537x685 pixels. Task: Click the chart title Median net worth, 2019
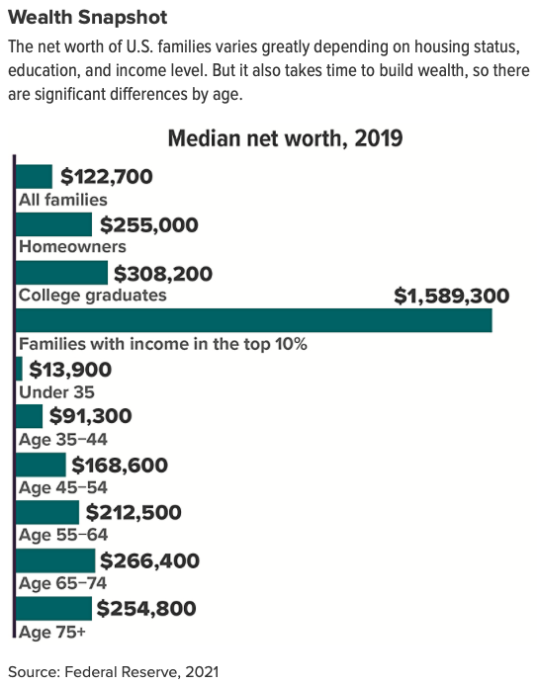285,137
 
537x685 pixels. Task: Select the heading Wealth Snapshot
87,18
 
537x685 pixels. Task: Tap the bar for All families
35,177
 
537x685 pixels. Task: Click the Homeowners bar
54,224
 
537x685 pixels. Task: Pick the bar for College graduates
62,273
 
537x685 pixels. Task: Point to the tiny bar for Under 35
20,369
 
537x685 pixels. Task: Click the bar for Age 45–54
42,465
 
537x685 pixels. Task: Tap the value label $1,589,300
451,296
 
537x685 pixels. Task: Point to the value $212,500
134,513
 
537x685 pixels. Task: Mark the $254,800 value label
147,609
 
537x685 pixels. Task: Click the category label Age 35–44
63,439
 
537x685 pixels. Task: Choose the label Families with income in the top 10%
163,344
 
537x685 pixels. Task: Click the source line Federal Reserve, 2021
140,670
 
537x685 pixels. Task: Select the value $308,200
163,273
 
